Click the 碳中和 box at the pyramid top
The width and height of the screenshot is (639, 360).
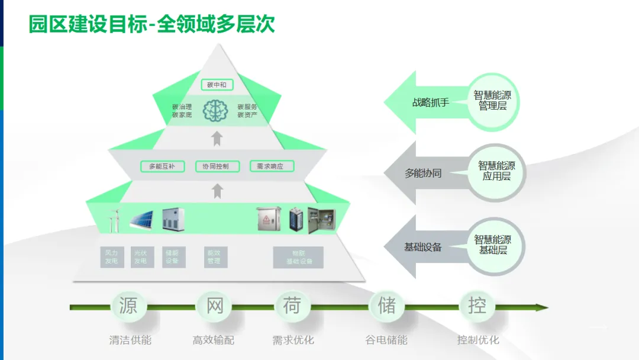(x=217, y=85)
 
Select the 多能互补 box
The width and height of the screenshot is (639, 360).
(x=162, y=166)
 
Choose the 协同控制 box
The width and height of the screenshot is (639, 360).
(x=217, y=166)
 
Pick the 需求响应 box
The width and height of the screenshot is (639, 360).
(x=272, y=166)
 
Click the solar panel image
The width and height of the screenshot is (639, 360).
(x=141, y=220)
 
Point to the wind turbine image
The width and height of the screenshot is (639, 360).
(x=114, y=220)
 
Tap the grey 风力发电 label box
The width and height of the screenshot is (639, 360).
(x=112, y=257)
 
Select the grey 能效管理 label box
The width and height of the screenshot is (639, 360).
(x=214, y=257)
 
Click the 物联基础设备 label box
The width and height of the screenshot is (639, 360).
(x=298, y=257)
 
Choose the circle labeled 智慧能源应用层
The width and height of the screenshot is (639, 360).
(x=496, y=172)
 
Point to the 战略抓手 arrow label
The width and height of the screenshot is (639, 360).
(x=431, y=102)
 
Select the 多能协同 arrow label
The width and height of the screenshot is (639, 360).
(x=423, y=173)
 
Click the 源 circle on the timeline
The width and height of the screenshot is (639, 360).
(x=128, y=306)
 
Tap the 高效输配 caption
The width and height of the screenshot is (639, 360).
(x=214, y=340)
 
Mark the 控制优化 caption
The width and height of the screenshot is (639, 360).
(x=478, y=340)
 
